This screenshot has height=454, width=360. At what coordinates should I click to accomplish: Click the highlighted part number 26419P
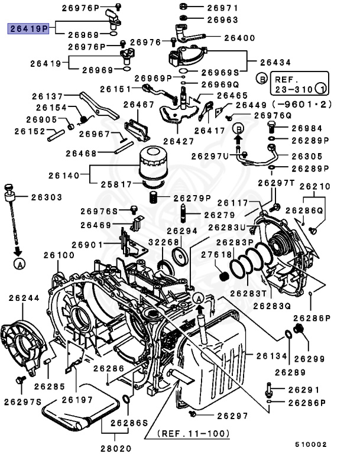(28, 28)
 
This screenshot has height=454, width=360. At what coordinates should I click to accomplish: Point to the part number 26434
(276, 61)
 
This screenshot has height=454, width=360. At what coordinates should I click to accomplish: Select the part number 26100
(59, 255)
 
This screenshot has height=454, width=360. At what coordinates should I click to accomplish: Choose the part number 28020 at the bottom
(115, 449)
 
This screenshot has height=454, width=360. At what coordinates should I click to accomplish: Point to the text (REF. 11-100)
(193, 433)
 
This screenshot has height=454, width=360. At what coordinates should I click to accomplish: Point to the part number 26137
(47, 95)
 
